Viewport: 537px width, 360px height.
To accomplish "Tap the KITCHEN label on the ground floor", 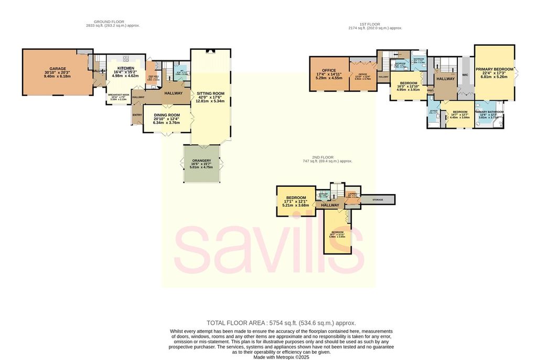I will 126,68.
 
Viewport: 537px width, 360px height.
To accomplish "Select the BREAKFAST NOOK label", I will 118,94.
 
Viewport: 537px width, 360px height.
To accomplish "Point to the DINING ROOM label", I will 166,115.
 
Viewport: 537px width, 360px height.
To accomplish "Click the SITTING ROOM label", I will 210,94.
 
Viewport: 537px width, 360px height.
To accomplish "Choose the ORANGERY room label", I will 201,161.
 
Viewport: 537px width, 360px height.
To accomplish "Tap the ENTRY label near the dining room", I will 137,115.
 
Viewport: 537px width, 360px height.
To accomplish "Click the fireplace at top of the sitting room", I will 210,51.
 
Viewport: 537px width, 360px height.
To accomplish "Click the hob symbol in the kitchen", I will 126,58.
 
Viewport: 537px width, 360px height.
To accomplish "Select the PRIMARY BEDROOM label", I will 495,69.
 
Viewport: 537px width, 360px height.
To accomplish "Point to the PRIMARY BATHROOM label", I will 489,112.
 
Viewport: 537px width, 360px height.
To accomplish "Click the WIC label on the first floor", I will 465,75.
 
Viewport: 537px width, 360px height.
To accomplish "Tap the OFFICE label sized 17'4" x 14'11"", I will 329,70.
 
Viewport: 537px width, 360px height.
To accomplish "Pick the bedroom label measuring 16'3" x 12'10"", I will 409,83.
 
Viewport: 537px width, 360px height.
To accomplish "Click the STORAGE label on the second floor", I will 378,200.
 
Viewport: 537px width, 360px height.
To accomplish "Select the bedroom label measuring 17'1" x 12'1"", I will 296,198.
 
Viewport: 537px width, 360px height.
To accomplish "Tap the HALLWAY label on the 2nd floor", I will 330,205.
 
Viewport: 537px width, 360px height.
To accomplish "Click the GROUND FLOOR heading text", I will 113,22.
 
